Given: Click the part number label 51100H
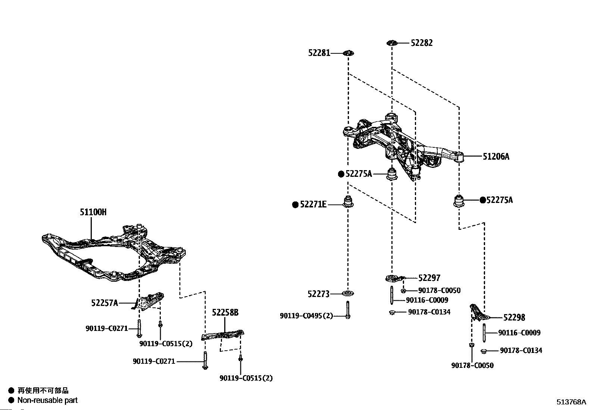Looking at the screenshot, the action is pyautogui.click(x=93, y=212).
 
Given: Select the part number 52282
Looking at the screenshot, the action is pyautogui.click(x=422, y=43).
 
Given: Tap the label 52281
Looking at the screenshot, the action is pyautogui.click(x=319, y=53).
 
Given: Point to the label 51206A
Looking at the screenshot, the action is pyautogui.click(x=496, y=156).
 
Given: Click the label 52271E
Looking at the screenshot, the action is pyautogui.click(x=313, y=204).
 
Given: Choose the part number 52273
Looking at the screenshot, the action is pyautogui.click(x=319, y=294).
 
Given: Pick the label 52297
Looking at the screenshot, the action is pyautogui.click(x=429, y=278).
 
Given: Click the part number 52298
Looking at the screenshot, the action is pyautogui.click(x=514, y=317).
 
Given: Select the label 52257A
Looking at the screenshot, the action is pyautogui.click(x=104, y=303).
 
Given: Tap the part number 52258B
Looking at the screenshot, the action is pyautogui.click(x=225, y=312).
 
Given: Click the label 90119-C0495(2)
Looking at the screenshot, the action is pyautogui.click(x=306, y=316).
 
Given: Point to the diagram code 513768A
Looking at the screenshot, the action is pyautogui.click(x=571, y=402).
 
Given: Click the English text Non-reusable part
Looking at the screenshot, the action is pyautogui.click(x=47, y=400).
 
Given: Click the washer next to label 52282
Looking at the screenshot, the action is pyautogui.click(x=392, y=43).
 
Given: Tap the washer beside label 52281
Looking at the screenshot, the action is pyautogui.click(x=348, y=53).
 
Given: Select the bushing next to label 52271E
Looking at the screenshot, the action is pyautogui.click(x=348, y=201).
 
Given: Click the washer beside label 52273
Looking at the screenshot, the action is pyautogui.click(x=348, y=294).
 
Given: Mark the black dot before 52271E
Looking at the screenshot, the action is pyautogui.click(x=295, y=205).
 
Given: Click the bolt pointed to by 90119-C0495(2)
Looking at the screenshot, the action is pyautogui.click(x=348, y=310).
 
